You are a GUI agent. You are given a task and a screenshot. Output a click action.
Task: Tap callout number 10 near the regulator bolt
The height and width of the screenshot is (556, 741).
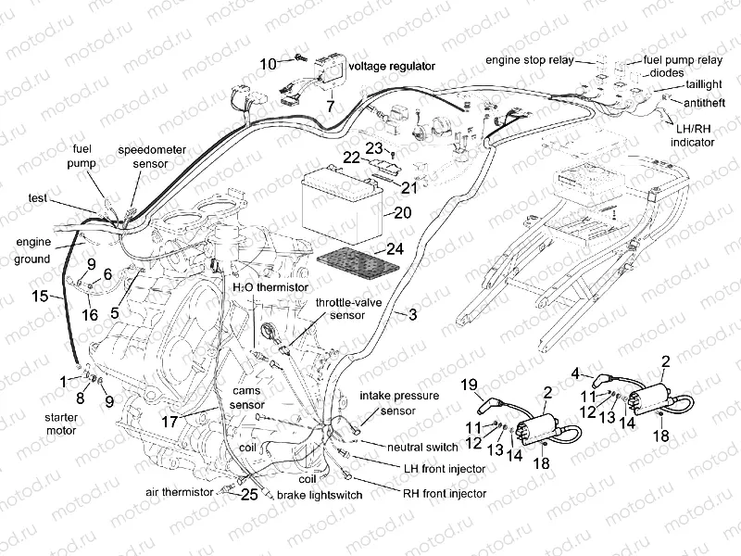268,64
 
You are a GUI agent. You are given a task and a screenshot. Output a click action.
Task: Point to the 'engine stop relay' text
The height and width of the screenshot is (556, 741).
528,60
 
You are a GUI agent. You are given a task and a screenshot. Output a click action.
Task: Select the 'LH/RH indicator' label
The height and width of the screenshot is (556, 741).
693,138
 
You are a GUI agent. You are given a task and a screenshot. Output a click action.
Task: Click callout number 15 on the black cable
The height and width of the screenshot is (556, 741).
38,297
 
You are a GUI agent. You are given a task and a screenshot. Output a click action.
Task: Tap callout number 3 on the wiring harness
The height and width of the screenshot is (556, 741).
411,315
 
